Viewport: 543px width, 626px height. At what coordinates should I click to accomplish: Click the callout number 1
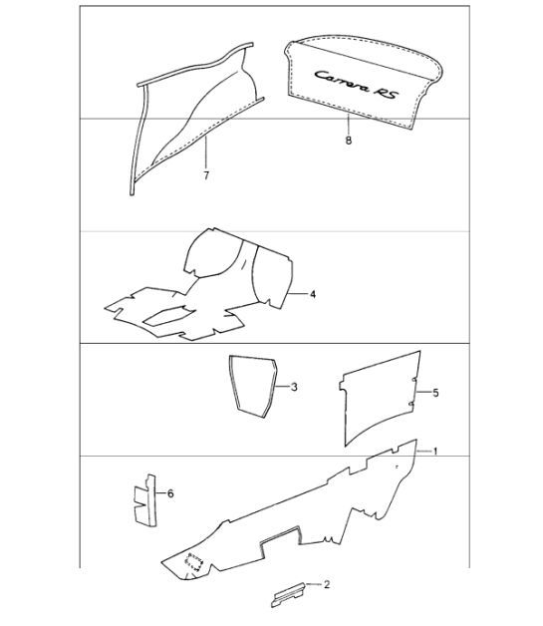[x=435, y=452]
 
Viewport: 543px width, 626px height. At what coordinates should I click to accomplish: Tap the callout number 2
[x=327, y=584]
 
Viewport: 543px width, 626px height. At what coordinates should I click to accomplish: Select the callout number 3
[x=294, y=387]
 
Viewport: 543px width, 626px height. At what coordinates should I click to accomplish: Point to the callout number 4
[x=313, y=294]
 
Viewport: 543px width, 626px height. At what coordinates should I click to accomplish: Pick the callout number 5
[x=435, y=393]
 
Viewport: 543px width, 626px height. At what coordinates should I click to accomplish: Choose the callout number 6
[x=170, y=493]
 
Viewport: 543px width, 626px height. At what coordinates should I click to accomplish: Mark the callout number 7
[x=206, y=175]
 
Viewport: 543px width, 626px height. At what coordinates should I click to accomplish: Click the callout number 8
[x=349, y=141]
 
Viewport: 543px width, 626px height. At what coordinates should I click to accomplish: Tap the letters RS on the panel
[x=386, y=94]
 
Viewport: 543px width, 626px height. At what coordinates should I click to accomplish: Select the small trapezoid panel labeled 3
[x=253, y=386]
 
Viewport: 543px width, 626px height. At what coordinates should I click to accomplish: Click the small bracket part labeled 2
[x=288, y=594]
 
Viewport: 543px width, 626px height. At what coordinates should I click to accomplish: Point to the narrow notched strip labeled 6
[x=145, y=500]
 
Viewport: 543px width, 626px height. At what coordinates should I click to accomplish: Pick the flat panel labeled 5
[x=379, y=398]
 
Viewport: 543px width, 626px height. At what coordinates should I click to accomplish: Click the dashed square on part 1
[x=194, y=563]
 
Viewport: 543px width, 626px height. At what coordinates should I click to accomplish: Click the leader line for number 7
[x=206, y=153]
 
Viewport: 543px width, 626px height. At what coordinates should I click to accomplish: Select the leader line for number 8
[x=349, y=125]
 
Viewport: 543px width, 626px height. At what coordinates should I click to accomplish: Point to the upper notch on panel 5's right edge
[x=414, y=380]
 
